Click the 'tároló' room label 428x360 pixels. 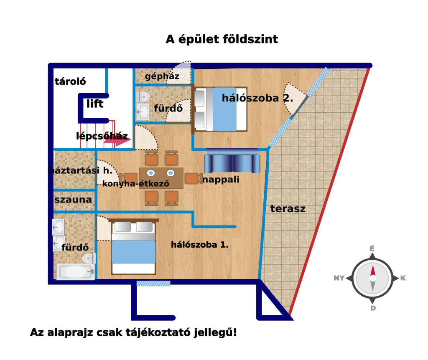pyautogui.click(x=70, y=81)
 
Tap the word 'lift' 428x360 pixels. pyautogui.click(x=95, y=104)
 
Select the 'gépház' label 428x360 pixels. pyautogui.click(x=162, y=76)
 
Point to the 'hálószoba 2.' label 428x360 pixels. pyautogui.click(x=257, y=98)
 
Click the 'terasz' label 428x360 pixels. pyautogui.click(x=288, y=209)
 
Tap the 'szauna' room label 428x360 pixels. pyautogui.click(x=73, y=200)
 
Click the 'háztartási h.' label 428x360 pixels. pyautogui.click(x=81, y=170)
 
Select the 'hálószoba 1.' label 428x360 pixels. pyautogui.click(x=200, y=245)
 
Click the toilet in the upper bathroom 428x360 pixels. pyautogui.click(x=144, y=97)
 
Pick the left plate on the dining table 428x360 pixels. pyautogui.click(x=151, y=173)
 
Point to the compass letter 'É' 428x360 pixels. pyautogui.click(x=372, y=249)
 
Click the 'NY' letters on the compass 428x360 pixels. pyautogui.click(x=339, y=278)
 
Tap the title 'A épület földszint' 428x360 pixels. pyautogui.click(x=222, y=39)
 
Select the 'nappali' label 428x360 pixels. pyautogui.click(x=221, y=180)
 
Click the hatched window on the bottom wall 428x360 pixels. pyautogui.click(x=153, y=284)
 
